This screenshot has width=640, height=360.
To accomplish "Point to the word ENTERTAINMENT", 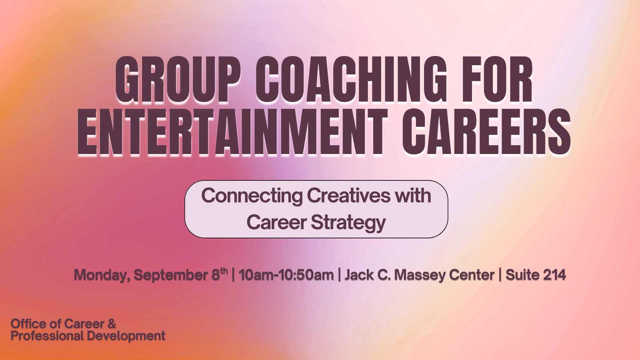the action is [232, 132].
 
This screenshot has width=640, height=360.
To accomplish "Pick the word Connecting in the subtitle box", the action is [252, 196].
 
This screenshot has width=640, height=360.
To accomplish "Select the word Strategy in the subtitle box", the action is [348, 223].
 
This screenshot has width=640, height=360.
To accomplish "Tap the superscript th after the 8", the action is [224, 270].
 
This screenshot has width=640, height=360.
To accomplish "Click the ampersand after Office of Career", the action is [112, 324].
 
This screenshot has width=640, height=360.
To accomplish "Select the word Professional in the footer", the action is [47, 336].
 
